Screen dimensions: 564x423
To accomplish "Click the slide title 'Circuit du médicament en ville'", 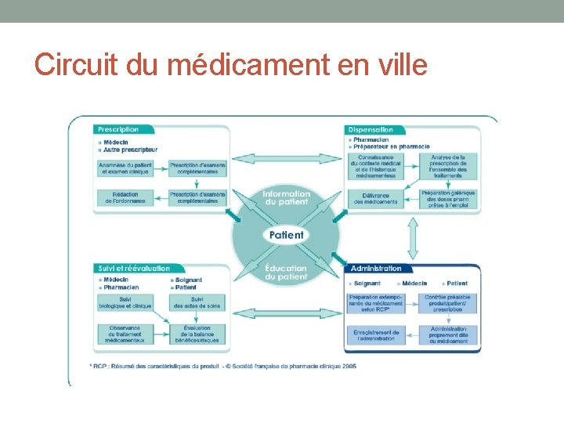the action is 231,64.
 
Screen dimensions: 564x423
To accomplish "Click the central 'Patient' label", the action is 286,235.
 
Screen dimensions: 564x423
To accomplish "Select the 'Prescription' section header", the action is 118,129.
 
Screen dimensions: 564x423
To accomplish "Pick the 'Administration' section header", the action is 376,269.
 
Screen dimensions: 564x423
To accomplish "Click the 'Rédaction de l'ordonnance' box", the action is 125,197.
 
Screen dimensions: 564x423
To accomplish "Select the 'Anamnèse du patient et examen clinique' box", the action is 125,168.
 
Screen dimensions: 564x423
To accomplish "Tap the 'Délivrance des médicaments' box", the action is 375,198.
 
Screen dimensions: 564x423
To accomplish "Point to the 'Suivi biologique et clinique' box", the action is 125,302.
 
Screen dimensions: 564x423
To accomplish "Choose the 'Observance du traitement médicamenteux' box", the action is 125,334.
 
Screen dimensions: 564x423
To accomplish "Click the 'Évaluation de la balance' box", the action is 197,334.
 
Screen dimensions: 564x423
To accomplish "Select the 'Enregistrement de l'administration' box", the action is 376,334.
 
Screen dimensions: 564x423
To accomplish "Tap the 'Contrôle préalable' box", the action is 448,302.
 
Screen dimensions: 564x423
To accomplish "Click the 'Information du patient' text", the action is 287,197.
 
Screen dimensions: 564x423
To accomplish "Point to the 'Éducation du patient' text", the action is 287,273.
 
